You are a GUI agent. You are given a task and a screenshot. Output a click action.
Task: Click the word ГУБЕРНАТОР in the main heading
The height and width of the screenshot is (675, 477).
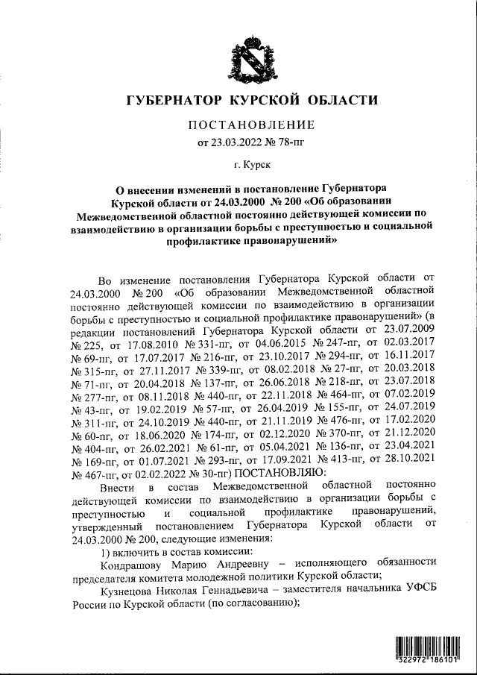click(174, 101)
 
